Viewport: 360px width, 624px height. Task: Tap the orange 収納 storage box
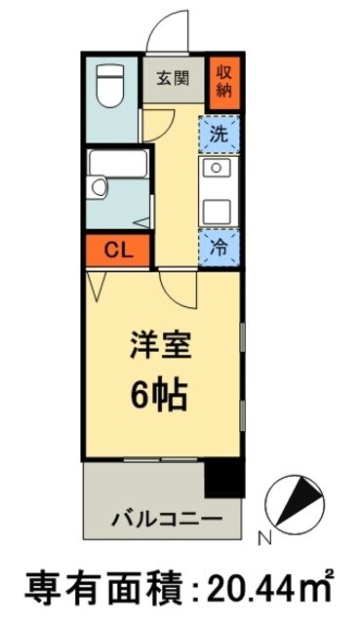point(224,79)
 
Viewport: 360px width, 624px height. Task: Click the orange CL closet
point(115,251)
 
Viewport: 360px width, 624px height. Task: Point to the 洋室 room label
point(160,345)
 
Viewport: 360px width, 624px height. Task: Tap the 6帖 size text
point(160,395)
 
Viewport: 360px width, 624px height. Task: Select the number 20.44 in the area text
point(252,589)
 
